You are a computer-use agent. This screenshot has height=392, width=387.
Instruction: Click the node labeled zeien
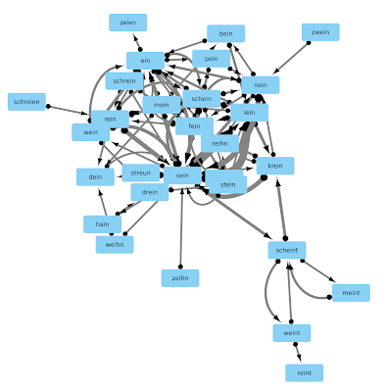[x=127, y=23]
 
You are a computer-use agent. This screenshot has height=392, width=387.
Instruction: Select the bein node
[x=225, y=33]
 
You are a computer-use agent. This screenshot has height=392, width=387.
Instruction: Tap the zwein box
[x=320, y=32]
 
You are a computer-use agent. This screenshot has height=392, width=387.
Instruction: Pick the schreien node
[x=26, y=102]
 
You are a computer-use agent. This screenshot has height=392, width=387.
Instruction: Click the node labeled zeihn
[x=180, y=278]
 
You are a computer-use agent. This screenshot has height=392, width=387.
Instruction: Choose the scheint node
[x=287, y=250]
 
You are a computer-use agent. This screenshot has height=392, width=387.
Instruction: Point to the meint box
[x=351, y=293]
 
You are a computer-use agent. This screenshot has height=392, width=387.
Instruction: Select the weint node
[x=292, y=333]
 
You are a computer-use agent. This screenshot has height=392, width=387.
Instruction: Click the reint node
[x=304, y=372]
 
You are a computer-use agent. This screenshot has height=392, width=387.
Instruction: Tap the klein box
[x=275, y=166]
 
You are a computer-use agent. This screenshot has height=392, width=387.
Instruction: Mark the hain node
[x=102, y=224]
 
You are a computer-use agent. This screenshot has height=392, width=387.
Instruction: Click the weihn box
[x=115, y=244]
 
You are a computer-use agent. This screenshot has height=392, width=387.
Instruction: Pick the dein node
[x=95, y=177]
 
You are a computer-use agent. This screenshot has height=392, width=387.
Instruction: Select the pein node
[x=211, y=59]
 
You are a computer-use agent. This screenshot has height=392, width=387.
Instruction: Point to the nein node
[x=261, y=85]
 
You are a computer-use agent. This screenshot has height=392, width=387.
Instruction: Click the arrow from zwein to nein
[x=291, y=58]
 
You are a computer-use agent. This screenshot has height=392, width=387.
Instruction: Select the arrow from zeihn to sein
[x=181, y=227]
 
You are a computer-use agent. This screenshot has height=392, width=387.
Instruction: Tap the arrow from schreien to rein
[x=68, y=110]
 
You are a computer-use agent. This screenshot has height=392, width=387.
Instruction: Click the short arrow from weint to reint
[x=298, y=353]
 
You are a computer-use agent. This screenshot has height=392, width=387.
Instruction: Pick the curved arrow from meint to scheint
[x=300, y=287]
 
